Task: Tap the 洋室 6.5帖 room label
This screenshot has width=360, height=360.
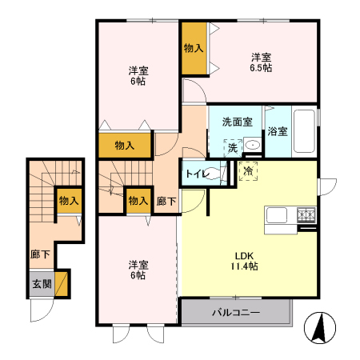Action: (261, 62)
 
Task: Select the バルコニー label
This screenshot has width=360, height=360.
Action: (236, 312)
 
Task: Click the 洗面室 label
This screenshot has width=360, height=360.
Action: (237, 122)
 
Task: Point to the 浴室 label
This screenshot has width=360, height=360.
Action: (278, 131)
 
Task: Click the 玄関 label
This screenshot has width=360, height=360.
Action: (41, 283)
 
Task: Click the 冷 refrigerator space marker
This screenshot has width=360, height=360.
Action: (249, 171)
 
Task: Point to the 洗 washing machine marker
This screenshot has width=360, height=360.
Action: (232, 147)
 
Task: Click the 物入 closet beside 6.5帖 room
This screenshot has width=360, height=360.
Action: (193, 49)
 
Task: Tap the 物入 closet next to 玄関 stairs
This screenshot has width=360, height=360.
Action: (68, 201)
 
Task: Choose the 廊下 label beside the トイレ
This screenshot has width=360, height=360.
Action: (166, 201)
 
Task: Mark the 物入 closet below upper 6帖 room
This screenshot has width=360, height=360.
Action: (124, 146)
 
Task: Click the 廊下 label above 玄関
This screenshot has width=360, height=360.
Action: (40, 254)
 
